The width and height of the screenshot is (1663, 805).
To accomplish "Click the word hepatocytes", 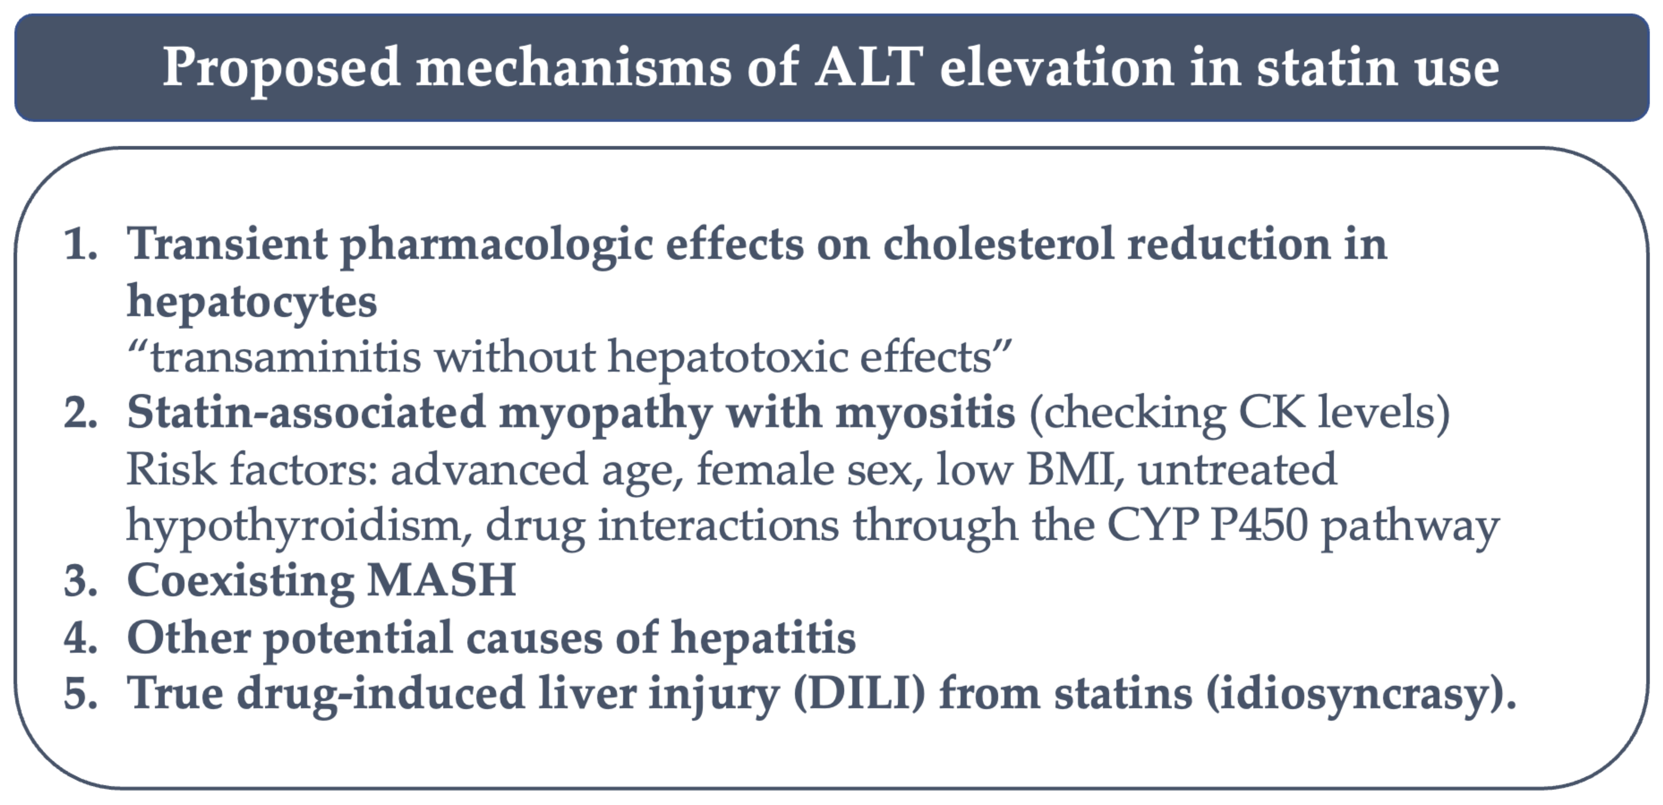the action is coord(252,303).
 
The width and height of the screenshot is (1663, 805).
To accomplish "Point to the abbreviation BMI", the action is coord(1070,469).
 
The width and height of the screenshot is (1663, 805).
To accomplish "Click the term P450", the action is coord(1259,525).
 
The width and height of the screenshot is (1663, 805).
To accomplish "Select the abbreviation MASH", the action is coord(441,580).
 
